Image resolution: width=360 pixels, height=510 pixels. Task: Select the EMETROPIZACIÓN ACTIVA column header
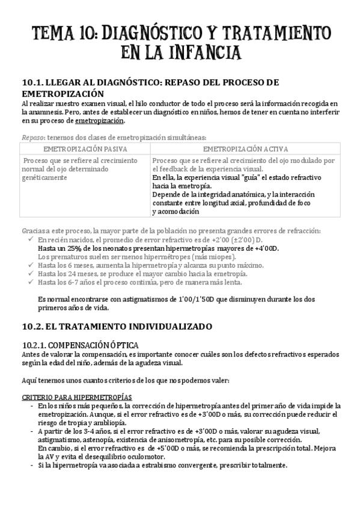click(x=245, y=149)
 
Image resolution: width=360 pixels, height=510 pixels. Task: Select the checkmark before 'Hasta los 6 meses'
click(x=30, y=265)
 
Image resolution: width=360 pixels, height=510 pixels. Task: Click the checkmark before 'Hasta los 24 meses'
click(x=30, y=274)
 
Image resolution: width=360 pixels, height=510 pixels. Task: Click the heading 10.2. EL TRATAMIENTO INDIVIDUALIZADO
click(x=117, y=327)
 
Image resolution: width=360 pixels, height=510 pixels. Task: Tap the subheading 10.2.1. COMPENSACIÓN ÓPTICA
click(x=80, y=345)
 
